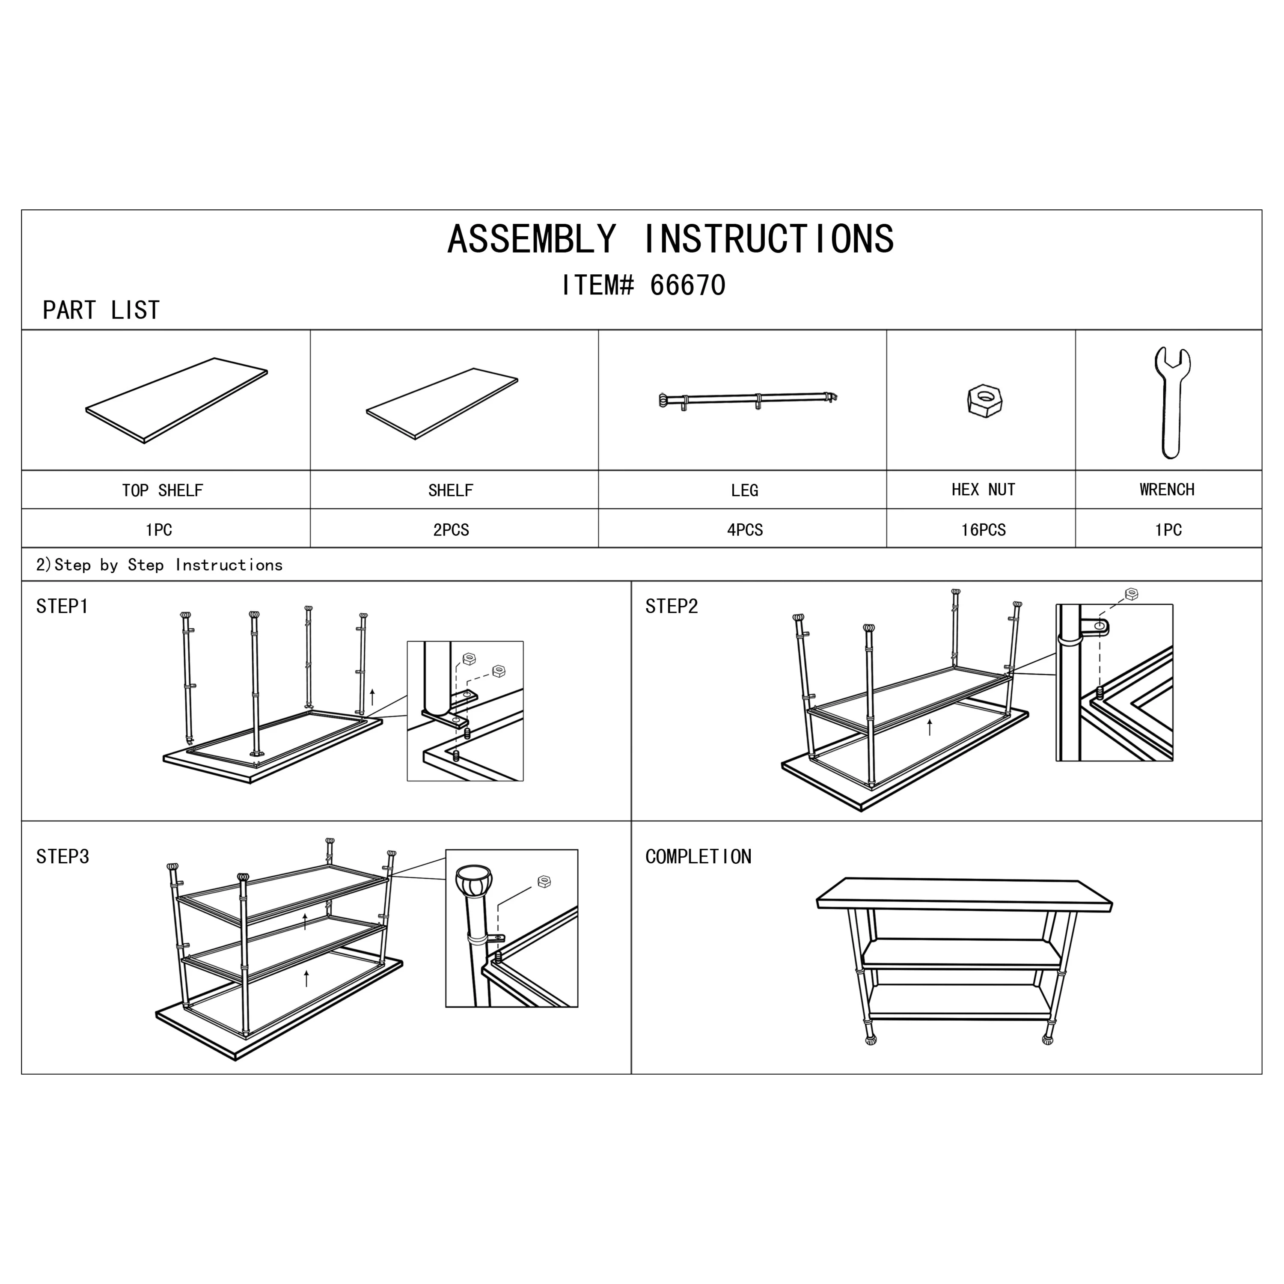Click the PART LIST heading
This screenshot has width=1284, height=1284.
click(101, 310)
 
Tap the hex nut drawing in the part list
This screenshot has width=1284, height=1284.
click(984, 401)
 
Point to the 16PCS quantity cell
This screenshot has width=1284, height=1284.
click(983, 530)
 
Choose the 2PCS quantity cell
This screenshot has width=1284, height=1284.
click(451, 530)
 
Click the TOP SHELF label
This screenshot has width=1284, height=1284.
click(162, 490)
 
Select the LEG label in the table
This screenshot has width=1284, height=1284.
click(744, 490)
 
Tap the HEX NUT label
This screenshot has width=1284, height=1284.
click(983, 490)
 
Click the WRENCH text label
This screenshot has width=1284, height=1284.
click(1167, 490)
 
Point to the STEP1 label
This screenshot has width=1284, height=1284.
click(62, 606)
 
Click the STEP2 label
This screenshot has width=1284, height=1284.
click(671, 606)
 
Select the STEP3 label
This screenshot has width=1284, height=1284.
click(62, 857)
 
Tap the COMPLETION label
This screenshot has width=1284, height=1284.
click(698, 857)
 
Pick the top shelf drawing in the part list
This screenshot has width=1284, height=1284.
click(177, 400)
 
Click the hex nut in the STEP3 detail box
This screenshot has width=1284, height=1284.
click(544, 882)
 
